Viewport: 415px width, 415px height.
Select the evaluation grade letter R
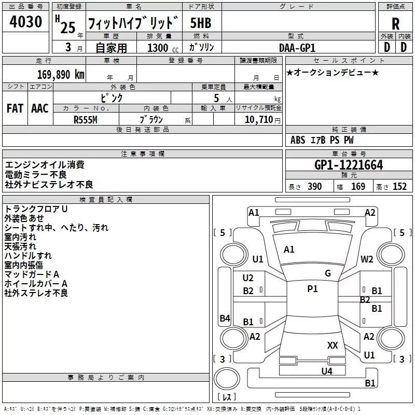tap(396, 24)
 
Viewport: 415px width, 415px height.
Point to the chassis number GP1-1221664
tap(349, 165)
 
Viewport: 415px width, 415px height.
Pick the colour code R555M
tap(86, 119)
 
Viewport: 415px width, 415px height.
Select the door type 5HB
tap(201, 23)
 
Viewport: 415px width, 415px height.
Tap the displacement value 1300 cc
tap(158, 48)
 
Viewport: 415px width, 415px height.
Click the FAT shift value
tap(15, 108)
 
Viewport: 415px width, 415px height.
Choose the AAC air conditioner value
tap(40, 108)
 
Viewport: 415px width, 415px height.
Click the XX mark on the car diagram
tap(333, 345)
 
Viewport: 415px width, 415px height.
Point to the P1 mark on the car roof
tap(312, 289)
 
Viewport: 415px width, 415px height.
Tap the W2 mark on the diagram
tap(367, 259)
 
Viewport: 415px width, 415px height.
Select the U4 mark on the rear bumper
tap(326, 371)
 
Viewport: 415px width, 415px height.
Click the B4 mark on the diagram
tap(225, 319)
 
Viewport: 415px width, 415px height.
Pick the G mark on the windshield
tap(328, 273)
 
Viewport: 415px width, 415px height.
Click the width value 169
tap(358, 187)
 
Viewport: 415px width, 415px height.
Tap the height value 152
tap(399, 187)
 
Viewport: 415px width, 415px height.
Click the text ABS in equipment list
tap(298, 140)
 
